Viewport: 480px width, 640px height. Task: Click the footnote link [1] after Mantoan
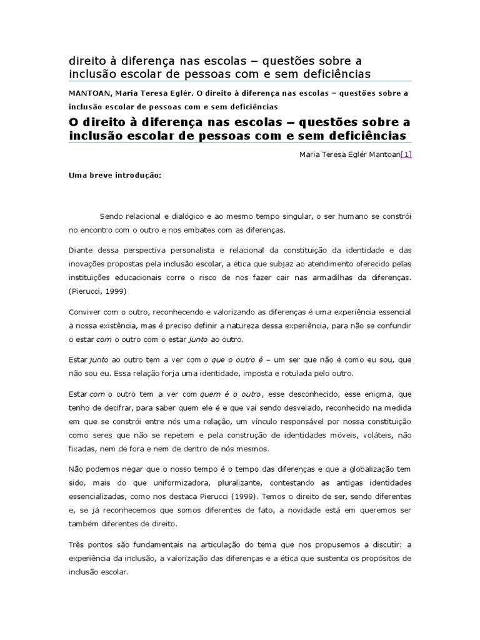[406, 155]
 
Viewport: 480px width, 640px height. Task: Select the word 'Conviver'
[84, 311]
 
